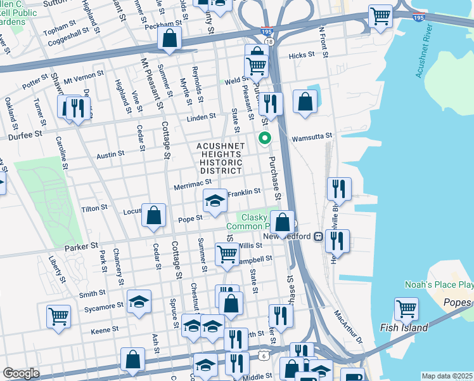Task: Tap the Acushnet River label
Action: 428,55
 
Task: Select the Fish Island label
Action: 404,328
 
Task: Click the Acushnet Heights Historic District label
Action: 220,158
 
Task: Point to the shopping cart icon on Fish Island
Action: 406,309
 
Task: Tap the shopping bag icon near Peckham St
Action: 170,38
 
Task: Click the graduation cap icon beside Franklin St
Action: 215,201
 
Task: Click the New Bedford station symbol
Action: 319,236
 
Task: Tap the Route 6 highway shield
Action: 262,356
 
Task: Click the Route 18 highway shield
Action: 269,41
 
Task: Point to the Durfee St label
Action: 25,135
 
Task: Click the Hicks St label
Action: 297,56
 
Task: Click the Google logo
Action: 21,373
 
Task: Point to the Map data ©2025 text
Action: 446,376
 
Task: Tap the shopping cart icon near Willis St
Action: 227,253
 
